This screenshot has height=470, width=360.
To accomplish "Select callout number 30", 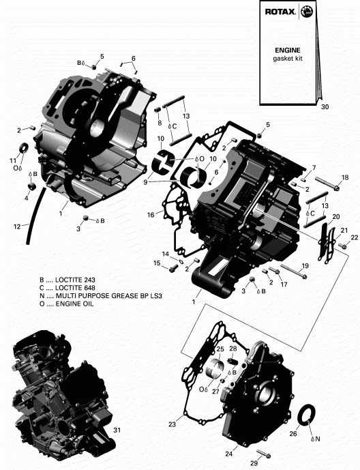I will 324,107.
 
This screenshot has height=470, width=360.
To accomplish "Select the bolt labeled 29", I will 262,454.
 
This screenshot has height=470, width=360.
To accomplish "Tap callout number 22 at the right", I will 354,237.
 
